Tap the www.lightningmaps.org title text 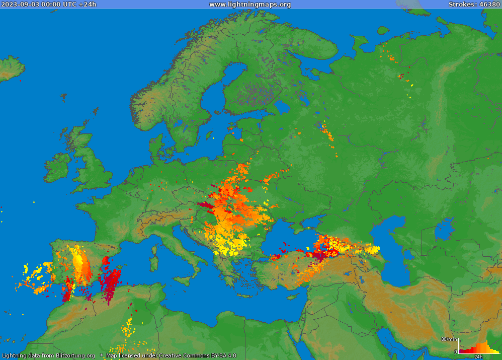point(249,4)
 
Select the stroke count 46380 point(489,4)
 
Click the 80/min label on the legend point(449,339)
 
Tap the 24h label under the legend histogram point(478,356)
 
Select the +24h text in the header point(88,4)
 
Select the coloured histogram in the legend point(478,348)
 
